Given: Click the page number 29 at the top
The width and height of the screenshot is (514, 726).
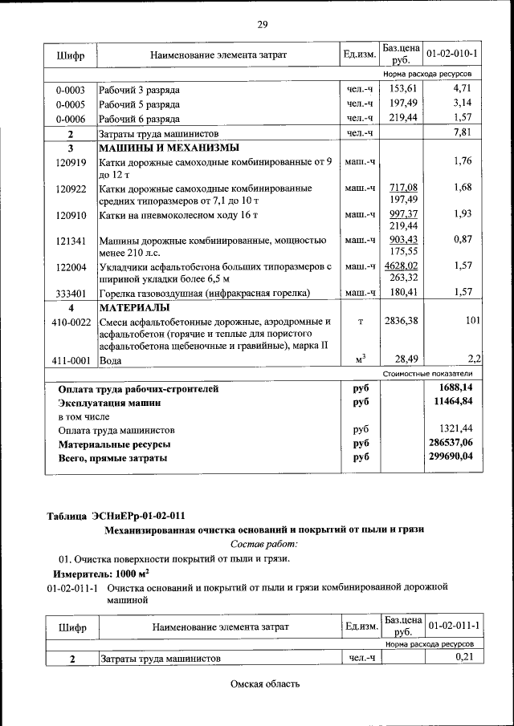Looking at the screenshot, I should (x=262, y=24).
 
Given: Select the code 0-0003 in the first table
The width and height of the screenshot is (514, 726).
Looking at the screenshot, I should (x=71, y=89).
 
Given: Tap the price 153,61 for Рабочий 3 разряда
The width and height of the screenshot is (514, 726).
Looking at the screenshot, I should (x=401, y=89).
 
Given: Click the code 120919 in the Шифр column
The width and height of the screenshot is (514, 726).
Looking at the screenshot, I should (x=71, y=162).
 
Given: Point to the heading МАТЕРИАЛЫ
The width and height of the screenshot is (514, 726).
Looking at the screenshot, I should (x=133, y=308).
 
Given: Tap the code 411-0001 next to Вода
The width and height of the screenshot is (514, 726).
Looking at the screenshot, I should (x=71, y=361).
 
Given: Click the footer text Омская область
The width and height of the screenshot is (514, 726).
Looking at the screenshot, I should (x=264, y=684).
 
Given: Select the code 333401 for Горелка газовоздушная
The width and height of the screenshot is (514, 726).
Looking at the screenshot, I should (x=71, y=293).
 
